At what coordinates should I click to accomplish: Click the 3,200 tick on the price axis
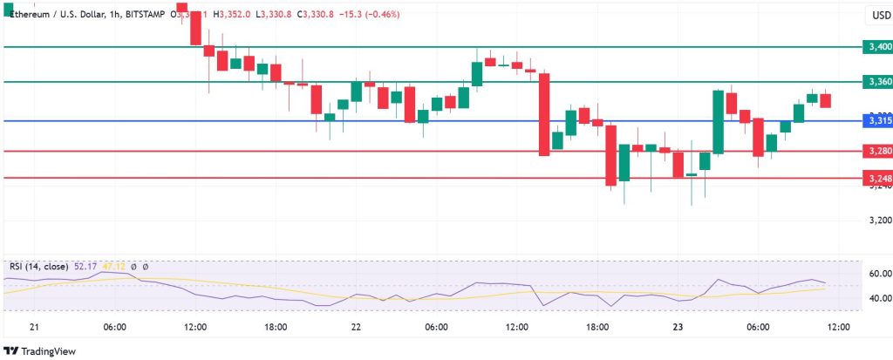tap(878, 220)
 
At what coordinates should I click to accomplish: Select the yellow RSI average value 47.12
tap(115, 266)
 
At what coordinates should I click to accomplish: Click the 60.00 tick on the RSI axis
tap(878, 273)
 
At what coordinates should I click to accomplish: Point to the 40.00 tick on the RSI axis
tap(878, 298)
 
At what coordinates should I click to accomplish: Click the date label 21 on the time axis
tap(34, 327)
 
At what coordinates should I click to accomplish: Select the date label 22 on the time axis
tap(356, 327)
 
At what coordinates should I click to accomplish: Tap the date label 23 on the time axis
tap(677, 327)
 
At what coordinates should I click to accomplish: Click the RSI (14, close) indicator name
tap(41, 266)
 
